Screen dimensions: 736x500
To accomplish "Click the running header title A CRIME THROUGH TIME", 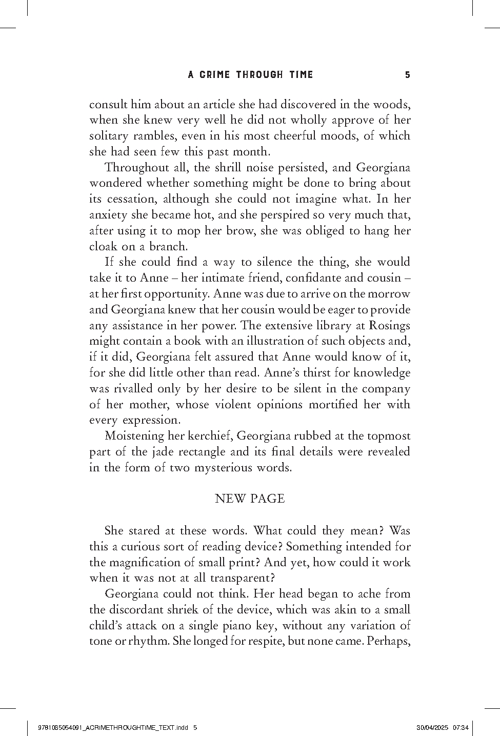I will tap(250, 75).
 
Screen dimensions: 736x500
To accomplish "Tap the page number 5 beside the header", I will tap(408, 75).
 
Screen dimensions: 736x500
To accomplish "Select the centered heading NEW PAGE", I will tap(250, 499).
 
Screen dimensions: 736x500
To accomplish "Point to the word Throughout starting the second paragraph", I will tap(136, 167).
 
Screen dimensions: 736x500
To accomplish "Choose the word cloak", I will tap(104, 246).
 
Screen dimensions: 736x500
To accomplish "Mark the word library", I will tap(334, 325).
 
